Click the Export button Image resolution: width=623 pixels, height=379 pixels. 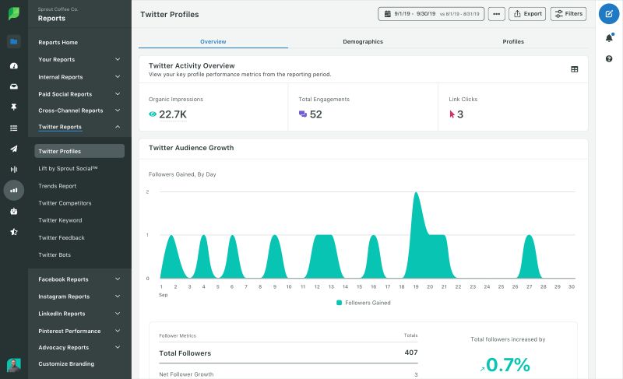(x=527, y=14)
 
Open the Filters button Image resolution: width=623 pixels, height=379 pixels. (x=568, y=14)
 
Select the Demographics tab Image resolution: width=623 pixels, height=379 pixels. (x=363, y=41)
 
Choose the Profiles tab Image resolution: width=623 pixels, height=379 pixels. (x=513, y=41)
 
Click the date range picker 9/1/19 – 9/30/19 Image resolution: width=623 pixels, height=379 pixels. (x=431, y=14)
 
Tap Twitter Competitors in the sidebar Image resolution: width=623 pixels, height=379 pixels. (x=65, y=203)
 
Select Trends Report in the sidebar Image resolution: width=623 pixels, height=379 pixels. (x=58, y=186)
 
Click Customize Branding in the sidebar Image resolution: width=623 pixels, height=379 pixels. (x=66, y=364)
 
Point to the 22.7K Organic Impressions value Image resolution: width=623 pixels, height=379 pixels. (x=172, y=114)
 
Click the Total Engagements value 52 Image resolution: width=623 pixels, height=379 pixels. (x=315, y=114)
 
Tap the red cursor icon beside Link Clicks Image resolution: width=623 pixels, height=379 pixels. (x=452, y=114)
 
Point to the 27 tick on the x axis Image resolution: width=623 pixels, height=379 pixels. (x=529, y=286)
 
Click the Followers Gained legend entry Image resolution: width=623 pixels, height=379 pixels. (x=364, y=303)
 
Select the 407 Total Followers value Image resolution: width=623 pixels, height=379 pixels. (x=410, y=353)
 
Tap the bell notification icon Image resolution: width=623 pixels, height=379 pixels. (x=609, y=38)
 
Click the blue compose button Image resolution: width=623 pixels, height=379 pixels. (x=609, y=14)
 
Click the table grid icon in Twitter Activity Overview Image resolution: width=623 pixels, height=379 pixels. (x=575, y=69)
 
